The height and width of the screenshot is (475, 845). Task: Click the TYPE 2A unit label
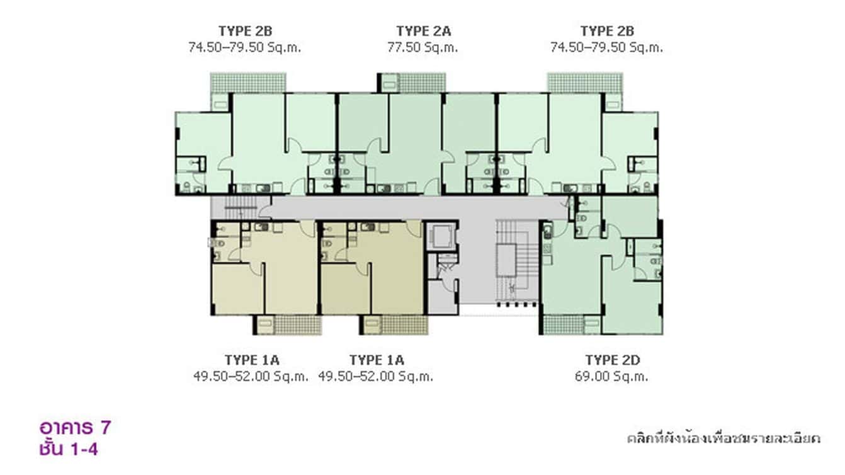point(423,31)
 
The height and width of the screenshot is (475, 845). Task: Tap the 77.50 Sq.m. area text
point(423,47)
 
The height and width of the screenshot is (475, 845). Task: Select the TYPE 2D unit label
point(612,360)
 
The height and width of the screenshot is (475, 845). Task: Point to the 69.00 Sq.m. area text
point(612,377)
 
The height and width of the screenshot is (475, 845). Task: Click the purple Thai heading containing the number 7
point(75,428)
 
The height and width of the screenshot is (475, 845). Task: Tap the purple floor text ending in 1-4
point(67,450)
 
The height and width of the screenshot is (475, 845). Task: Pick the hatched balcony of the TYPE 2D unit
point(562,324)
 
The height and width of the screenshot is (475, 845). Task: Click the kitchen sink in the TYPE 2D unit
point(547,232)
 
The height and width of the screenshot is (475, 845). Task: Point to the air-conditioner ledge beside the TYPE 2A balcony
point(388,83)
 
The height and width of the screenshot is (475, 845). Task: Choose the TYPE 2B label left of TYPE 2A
point(245,31)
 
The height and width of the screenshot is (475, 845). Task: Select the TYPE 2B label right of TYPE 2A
point(607,31)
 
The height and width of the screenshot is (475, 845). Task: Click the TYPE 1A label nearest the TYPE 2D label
point(377,360)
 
